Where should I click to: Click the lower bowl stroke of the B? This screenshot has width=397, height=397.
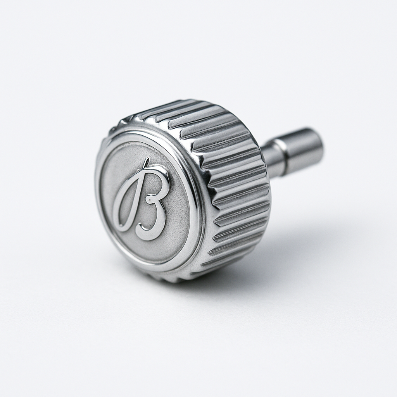click(x=162, y=217)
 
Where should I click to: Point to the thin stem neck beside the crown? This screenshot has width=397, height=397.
click(x=271, y=159)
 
